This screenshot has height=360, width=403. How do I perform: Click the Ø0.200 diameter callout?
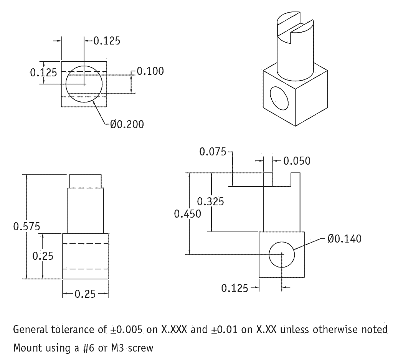click(127, 124)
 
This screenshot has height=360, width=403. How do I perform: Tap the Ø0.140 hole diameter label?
click(344, 239)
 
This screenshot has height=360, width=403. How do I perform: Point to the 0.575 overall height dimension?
click(26, 226)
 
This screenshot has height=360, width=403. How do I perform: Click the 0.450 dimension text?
click(187, 214)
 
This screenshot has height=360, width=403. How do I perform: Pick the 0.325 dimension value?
click(210, 201)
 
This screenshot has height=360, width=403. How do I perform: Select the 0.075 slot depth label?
click(213, 152)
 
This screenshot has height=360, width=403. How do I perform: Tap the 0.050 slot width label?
click(297, 161)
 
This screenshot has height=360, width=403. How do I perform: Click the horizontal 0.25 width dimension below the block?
click(85, 294)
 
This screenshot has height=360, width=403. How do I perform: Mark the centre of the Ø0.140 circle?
click(282, 254)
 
